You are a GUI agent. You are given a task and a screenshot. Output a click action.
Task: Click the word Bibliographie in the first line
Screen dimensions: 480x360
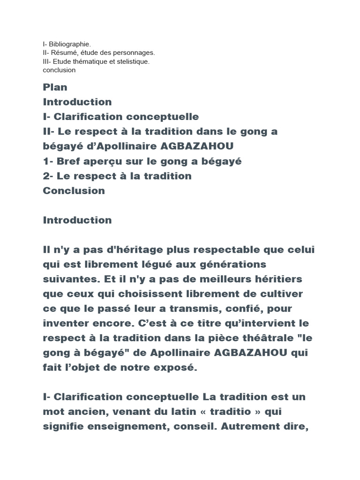click(70, 44)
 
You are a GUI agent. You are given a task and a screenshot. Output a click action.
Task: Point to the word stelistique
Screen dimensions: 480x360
click(132, 61)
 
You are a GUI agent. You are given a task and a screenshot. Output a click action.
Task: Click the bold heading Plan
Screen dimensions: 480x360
click(55, 87)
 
